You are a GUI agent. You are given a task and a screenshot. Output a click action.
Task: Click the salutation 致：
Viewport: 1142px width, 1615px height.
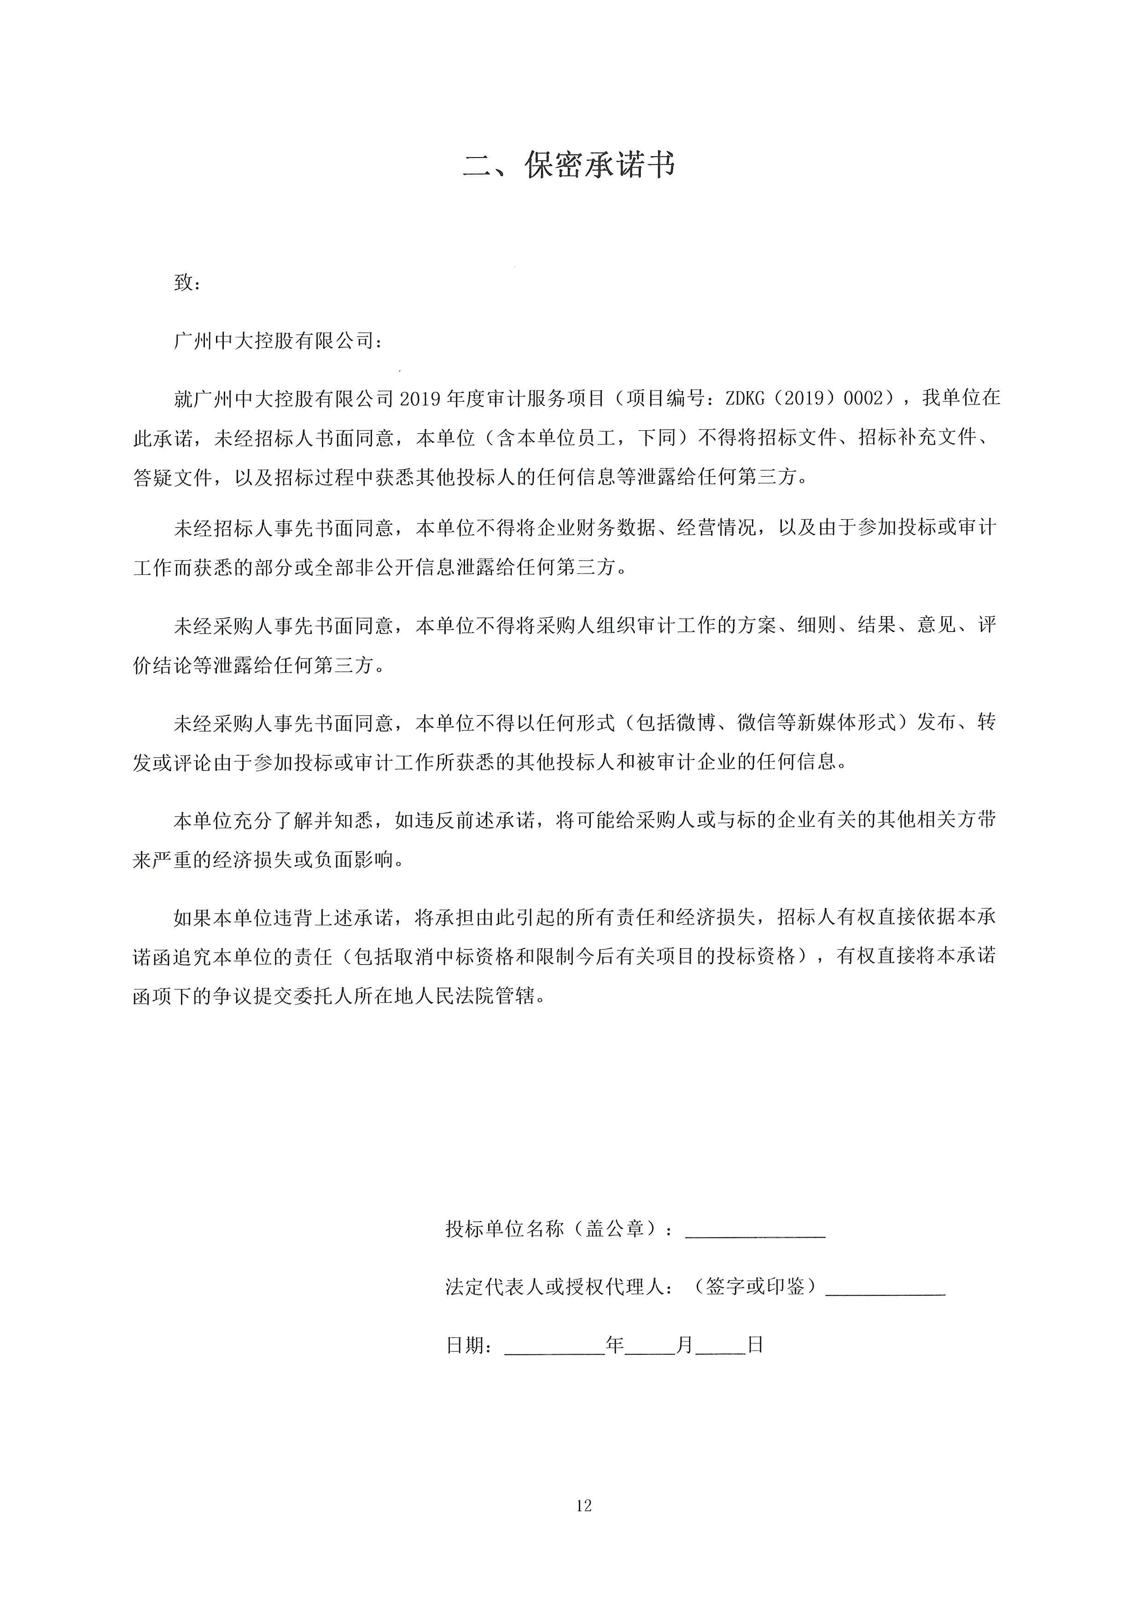(x=187, y=283)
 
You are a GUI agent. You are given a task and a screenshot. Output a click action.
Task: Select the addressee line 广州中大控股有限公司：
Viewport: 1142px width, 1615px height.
(x=279, y=342)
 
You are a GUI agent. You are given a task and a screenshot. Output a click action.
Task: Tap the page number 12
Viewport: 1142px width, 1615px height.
(x=583, y=1506)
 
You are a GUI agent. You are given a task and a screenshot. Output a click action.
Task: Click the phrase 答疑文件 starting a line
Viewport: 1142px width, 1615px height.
(x=172, y=478)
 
